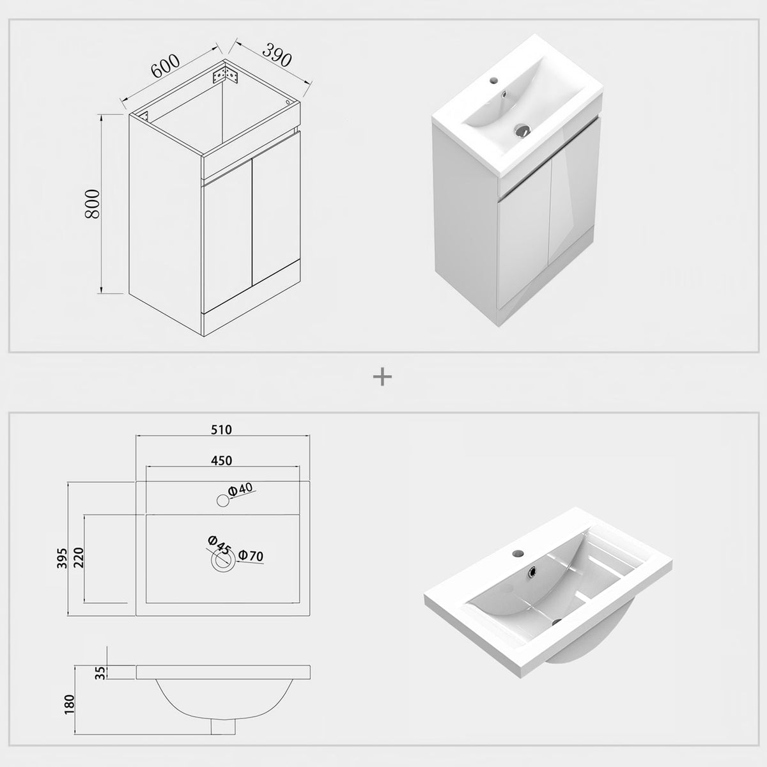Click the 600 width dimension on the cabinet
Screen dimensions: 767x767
pos(165,66)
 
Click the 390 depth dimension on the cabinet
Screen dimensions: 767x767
pos(277,54)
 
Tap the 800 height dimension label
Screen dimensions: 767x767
pos(92,203)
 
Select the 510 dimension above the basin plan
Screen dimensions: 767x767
pos(221,430)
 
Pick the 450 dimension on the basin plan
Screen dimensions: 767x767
pos(221,460)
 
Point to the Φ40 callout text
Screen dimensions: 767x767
pos(241,489)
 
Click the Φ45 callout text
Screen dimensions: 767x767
pos(219,545)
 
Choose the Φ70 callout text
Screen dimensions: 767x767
pos(251,555)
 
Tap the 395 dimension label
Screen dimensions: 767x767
pos(62,558)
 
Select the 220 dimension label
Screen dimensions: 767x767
pos(79,558)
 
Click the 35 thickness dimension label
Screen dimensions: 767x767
pos(101,672)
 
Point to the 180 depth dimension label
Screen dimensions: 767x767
pos(69,704)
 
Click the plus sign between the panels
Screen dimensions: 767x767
pos(382,376)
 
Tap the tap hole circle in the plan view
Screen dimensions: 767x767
pos(223,500)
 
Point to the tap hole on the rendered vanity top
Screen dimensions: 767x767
pos(493,80)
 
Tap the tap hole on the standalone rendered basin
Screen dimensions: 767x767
pos(518,554)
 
